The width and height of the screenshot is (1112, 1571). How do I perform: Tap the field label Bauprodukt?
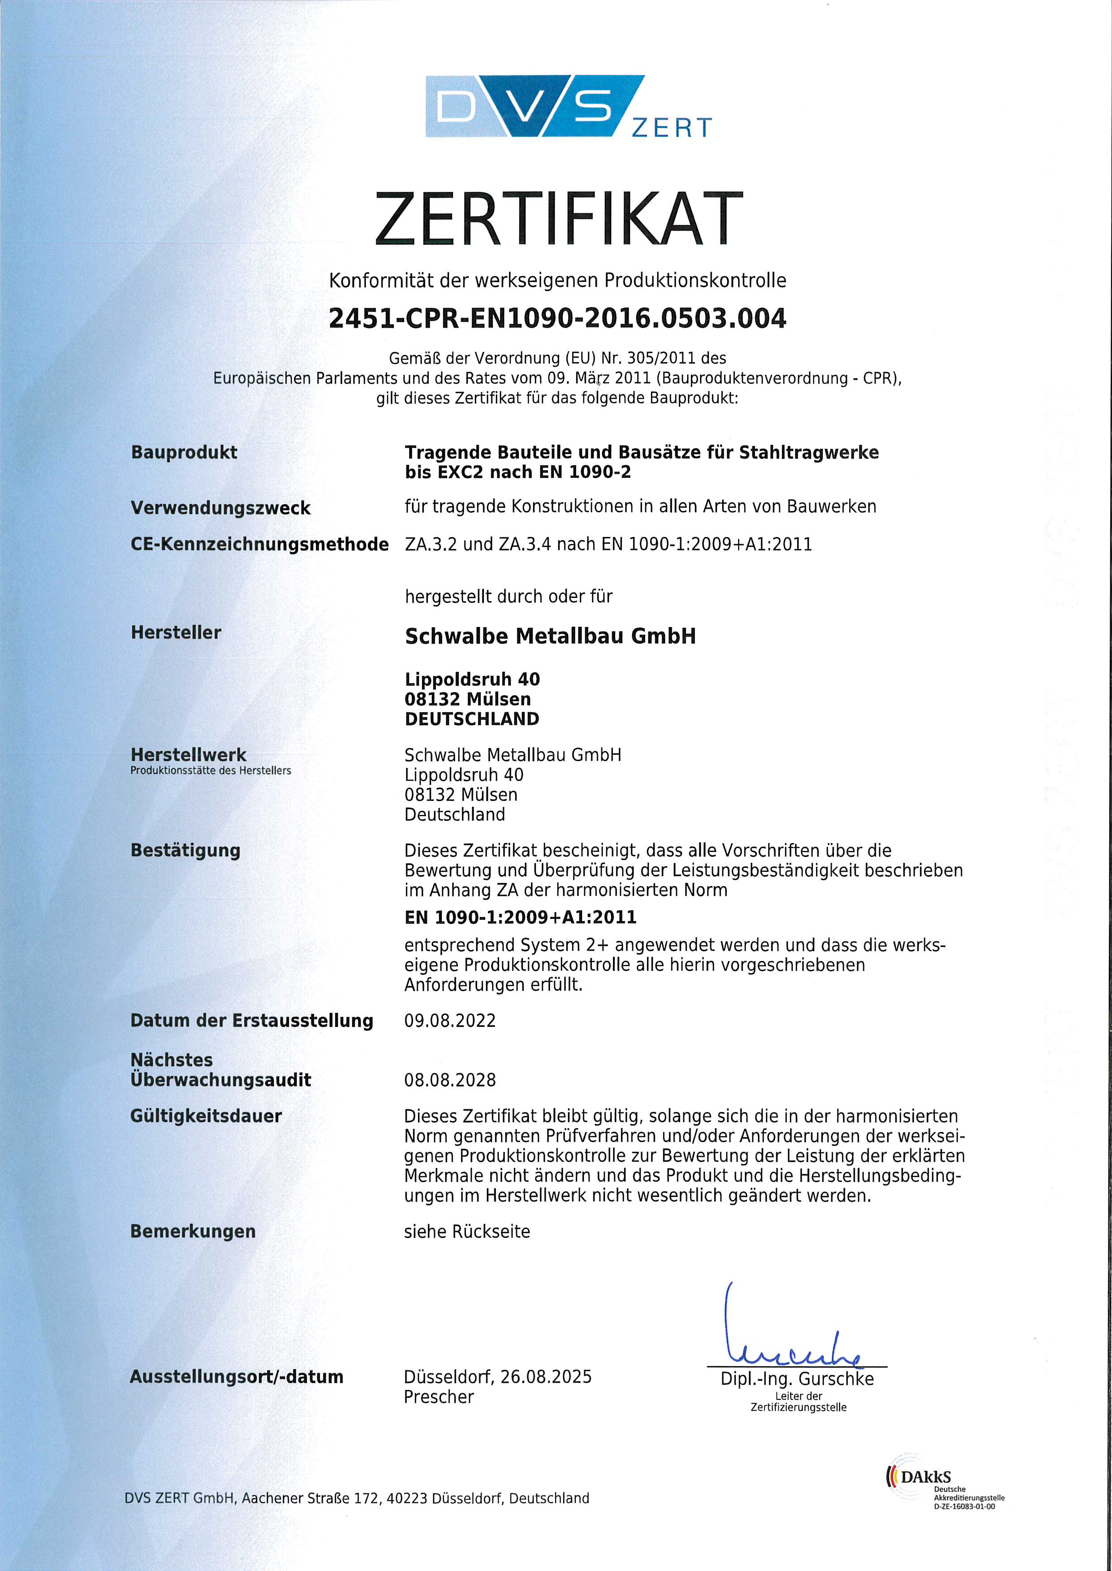click(x=183, y=453)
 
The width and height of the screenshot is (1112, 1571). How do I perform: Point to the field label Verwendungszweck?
click(x=221, y=508)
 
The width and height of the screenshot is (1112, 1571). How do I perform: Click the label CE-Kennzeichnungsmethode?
click(x=260, y=545)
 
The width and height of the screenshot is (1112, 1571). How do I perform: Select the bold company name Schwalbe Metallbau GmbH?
click(x=550, y=636)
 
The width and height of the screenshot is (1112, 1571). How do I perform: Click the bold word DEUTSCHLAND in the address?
click(x=472, y=719)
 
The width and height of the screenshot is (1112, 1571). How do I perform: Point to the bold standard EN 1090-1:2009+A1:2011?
click(x=521, y=917)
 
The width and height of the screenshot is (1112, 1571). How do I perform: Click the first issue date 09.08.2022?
click(x=450, y=1021)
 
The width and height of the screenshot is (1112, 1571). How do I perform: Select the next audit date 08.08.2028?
click(x=450, y=1080)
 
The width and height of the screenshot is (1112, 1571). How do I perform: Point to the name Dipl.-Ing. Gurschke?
click(x=797, y=1379)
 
